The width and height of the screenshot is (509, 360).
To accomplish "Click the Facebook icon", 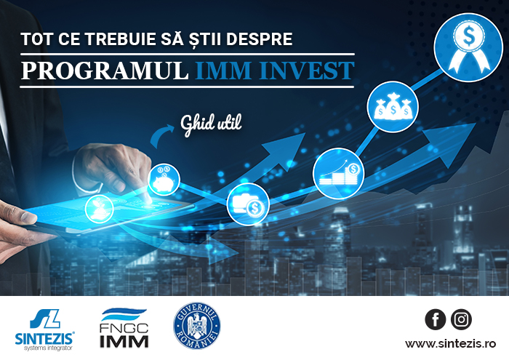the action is pos(436,319).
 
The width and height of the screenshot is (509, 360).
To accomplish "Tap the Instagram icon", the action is pos(461,319).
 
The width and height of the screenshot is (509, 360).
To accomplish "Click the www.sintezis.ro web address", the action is pos(450,343).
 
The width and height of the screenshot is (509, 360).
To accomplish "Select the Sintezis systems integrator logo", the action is pos(45,329).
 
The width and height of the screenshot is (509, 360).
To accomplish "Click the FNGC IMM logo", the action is pos(124,328).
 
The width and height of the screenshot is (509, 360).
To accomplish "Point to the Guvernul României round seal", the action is pos(197,326).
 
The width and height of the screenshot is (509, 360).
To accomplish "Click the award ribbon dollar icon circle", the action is pos(468,47).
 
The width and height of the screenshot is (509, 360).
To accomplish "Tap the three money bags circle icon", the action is pos(393,107).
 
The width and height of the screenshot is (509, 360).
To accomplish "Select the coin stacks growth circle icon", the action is pos(339,173).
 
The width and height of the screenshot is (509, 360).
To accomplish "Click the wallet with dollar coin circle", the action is pos(248,204).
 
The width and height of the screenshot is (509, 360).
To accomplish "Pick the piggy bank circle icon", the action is pos(164,180).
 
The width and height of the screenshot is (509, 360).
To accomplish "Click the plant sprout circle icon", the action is pos(100,209).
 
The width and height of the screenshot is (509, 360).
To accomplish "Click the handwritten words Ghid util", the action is pos(211,125).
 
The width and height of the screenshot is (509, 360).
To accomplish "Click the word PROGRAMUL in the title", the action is pos(105,71).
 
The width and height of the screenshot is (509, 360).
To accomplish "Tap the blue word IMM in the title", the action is pos(223,71).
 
